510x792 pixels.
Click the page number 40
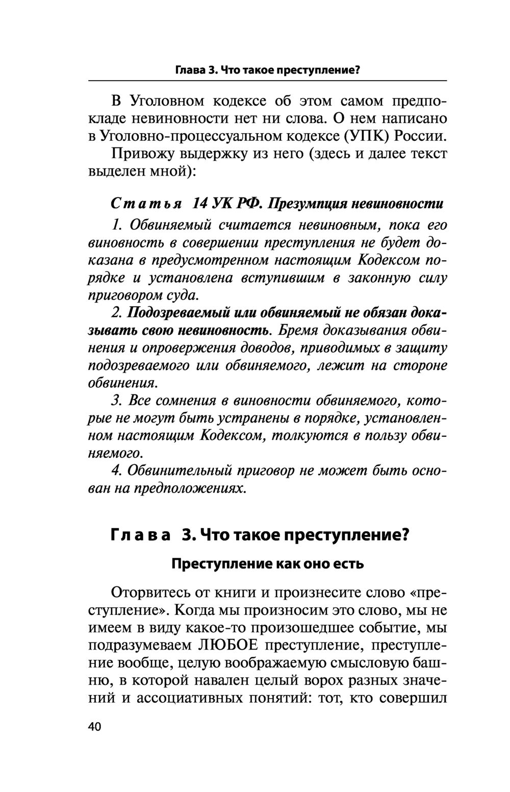[95, 727]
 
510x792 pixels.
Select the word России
[421, 136]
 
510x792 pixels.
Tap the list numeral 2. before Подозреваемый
[117, 312]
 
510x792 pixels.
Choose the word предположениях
[190, 488]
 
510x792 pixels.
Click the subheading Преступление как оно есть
[267, 564]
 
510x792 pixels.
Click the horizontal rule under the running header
[267, 81]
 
